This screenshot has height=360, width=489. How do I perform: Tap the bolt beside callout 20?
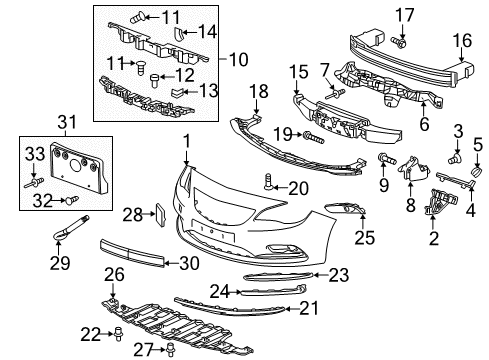tap(268, 180)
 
